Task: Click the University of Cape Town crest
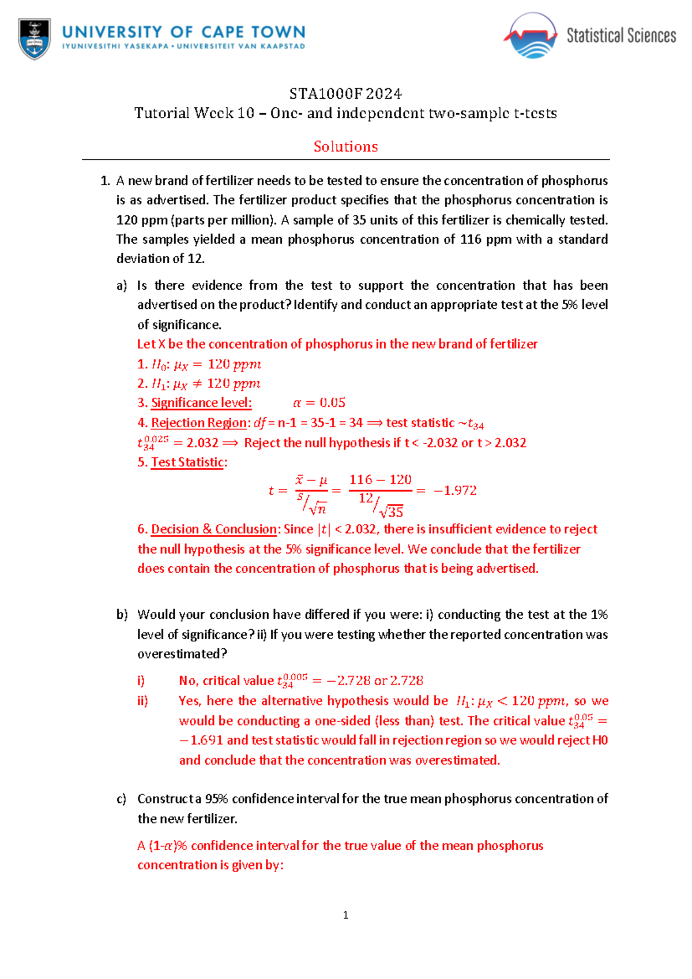pyautogui.click(x=35, y=39)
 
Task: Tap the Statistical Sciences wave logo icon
pyautogui.click(x=531, y=36)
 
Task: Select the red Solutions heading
pyautogui.click(x=345, y=147)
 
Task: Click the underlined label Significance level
pyautogui.click(x=201, y=403)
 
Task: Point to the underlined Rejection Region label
pyautogui.click(x=199, y=423)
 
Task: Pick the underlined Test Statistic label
pyautogui.click(x=187, y=462)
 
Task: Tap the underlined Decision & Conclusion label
pyautogui.click(x=214, y=529)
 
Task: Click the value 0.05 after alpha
pyautogui.click(x=332, y=403)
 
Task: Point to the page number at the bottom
pyautogui.click(x=345, y=915)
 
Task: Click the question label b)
pyautogui.click(x=122, y=615)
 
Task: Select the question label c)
pyautogui.click(x=121, y=799)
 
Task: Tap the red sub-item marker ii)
pyautogui.click(x=142, y=701)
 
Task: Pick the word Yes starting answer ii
pyautogui.click(x=189, y=701)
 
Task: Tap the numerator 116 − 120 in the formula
pyautogui.click(x=380, y=480)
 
